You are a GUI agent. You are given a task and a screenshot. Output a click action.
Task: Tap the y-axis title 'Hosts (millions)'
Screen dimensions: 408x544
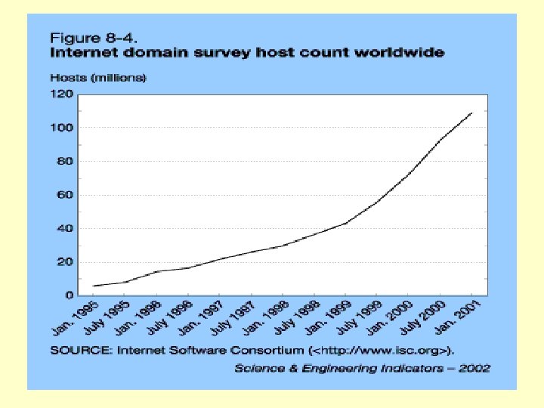click(x=97, y=77)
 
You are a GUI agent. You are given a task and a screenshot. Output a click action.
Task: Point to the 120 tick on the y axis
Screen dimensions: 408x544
click(x=61, y=94)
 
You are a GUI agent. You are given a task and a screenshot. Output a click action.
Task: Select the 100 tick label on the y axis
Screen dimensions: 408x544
click(x=61, y=128)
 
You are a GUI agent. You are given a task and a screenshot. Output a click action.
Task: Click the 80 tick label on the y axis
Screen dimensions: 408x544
click(x=64, y=161)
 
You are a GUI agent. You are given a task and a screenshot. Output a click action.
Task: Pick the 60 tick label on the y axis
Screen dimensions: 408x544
click(x=64, y=195)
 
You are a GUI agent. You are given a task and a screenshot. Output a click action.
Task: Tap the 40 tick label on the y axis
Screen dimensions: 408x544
click(x=64, y=228)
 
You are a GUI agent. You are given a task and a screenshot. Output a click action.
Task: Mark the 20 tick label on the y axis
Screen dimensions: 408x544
click(x=64, y=261)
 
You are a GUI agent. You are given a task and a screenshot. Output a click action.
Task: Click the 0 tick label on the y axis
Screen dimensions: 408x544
click(x=68, y=295)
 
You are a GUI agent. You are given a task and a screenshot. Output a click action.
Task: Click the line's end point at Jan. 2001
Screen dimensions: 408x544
click(x=471, y=113)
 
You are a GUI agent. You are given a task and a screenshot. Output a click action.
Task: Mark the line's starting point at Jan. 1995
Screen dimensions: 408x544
click(x=94, y=286)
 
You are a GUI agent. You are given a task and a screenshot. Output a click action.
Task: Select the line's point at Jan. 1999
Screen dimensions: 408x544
click(x=345, y=223)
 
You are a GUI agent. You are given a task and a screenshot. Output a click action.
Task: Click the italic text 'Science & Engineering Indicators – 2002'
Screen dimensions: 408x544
click(x=362, y=368)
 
